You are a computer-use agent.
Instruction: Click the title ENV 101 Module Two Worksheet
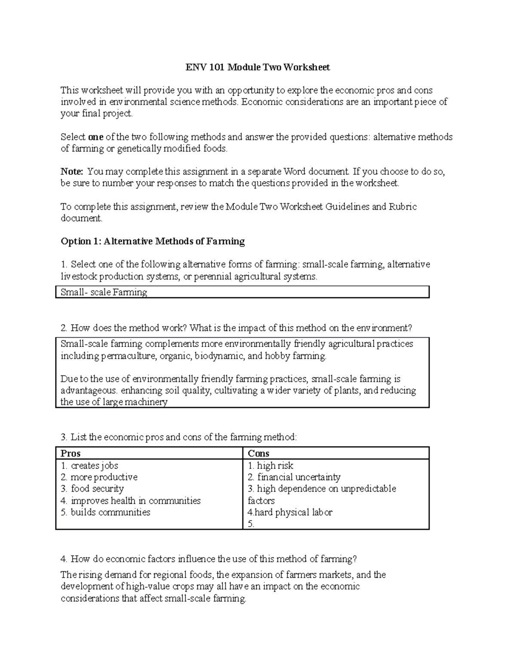258,67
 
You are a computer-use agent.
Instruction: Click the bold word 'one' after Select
95,137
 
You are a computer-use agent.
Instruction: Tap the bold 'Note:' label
71,172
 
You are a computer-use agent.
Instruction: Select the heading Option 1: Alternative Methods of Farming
153,241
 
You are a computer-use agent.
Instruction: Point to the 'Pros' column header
71,454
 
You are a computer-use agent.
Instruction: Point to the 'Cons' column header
258,454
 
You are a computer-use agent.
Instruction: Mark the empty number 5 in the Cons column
251,524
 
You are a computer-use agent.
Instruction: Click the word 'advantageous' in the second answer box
88,391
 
